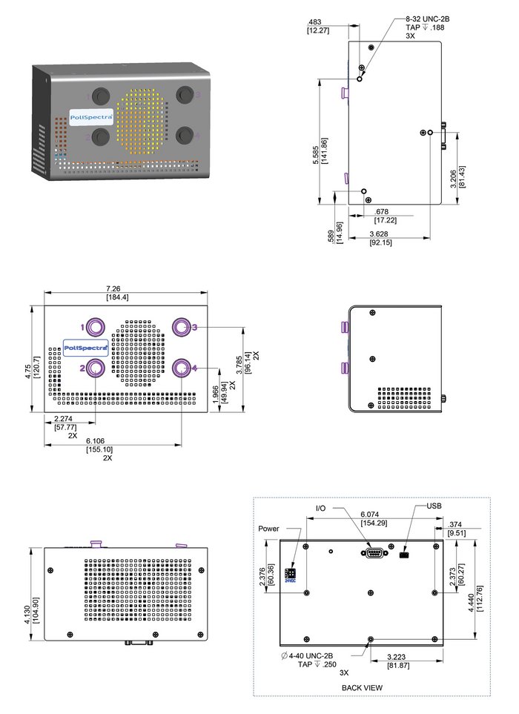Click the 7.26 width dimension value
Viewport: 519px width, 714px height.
118,287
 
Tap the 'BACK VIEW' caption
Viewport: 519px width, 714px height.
362,687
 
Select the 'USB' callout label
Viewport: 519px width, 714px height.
435,506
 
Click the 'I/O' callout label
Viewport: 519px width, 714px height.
320,508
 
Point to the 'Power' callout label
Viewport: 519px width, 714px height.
269,529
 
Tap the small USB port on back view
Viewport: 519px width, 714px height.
404,554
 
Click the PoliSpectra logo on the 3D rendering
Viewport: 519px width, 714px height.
90,117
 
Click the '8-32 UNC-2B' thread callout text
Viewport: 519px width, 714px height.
429,17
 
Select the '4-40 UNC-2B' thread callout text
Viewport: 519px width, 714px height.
311,655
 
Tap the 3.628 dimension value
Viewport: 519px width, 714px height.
381,234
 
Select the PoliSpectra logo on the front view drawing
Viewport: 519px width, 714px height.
85,347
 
